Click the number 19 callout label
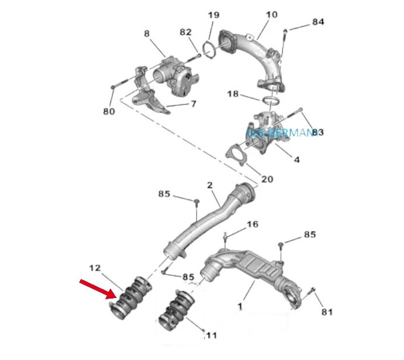click(213, 15)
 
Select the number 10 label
click(272, 14)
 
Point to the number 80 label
click(109, 111)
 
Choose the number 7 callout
click(192, 104)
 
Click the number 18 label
click(233, 94)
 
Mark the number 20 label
click(266, 179)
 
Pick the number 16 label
click(252, 225)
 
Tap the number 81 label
click(327, 312)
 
